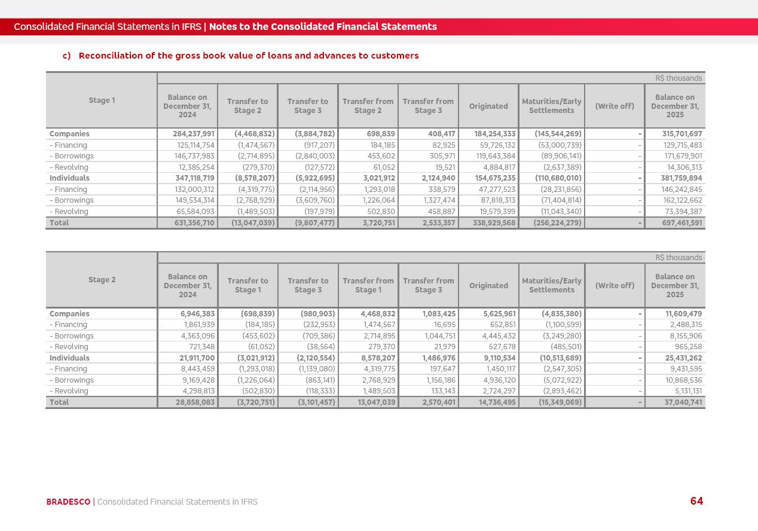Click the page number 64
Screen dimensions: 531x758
696,501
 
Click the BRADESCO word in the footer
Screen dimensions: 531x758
68,502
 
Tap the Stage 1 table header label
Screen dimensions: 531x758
102,100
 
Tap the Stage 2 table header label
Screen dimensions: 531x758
102,280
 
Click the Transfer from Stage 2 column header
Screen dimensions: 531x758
368,106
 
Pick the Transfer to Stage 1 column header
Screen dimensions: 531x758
247,285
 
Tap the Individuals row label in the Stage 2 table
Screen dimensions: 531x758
69,358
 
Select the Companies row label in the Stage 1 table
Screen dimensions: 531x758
69,134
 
